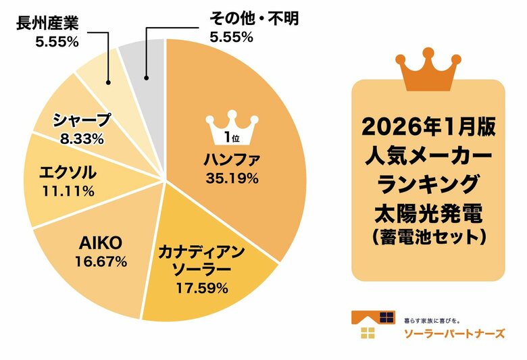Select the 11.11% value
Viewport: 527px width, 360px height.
(x=67, y=190)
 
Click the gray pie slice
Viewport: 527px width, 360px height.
(x=145, y=64)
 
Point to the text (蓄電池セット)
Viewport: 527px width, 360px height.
(x=429, y=237)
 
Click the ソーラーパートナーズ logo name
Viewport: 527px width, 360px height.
(x=453, y=333)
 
